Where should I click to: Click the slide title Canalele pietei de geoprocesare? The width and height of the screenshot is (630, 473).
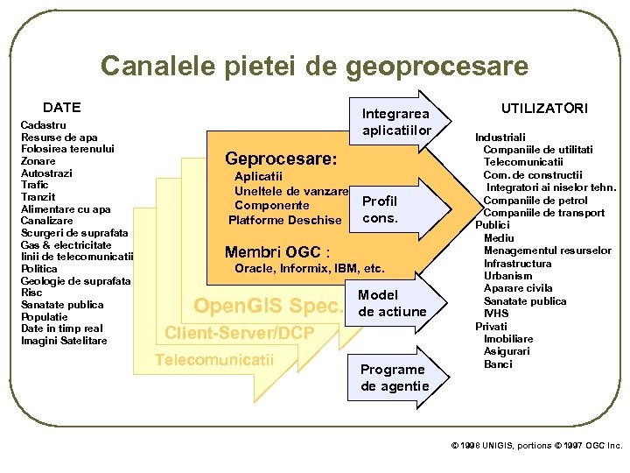coord(314,66)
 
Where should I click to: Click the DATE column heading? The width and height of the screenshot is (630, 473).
coord(61,108)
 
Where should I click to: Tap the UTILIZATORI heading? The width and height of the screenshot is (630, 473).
coord(544,108)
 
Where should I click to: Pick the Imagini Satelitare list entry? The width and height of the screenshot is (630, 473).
coord(64,340)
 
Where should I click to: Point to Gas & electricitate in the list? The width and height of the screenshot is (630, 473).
coord(66,244)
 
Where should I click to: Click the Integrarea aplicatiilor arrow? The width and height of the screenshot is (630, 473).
coord(397,123)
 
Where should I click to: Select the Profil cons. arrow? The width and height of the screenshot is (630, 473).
coord(380,209)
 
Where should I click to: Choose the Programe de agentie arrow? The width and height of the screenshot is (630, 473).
coord(395,378)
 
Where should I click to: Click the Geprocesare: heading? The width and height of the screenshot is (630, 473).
coord(281,159)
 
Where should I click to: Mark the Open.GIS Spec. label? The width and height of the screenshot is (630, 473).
coord(268,307)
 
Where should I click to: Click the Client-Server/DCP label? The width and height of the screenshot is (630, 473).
coord(239,333)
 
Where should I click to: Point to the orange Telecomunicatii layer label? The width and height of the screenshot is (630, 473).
coord(214,359)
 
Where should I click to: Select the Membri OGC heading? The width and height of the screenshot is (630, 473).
coord(276,253)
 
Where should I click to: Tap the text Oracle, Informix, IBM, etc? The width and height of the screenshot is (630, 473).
coord(310,269)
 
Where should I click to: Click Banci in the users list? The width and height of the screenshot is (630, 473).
coord(498,364)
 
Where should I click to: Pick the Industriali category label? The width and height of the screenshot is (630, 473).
coord(500,138)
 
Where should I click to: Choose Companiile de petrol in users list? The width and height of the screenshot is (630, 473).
coord(535,201)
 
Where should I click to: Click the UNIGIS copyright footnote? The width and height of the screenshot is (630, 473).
coord(536,446)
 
